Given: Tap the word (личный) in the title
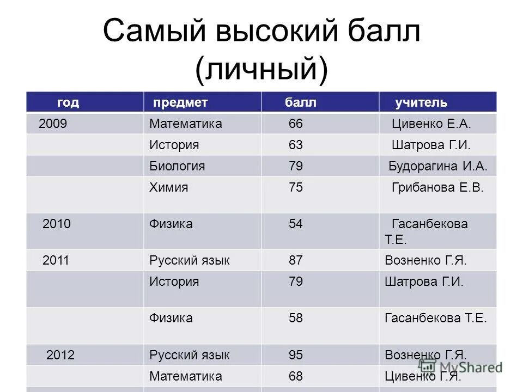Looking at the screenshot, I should [261, 70].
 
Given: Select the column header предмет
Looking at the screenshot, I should [180, 103].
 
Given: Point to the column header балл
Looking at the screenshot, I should [300, 103].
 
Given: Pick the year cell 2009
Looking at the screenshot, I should [53, 124].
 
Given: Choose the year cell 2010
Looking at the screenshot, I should [57, 224].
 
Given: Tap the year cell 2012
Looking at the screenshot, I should [60, 356].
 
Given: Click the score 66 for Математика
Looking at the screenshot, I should [296, 124].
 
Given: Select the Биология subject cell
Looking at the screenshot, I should [177, 166].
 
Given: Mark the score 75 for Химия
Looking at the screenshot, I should [296, 188].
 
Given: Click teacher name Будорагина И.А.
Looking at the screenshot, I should [438, 166].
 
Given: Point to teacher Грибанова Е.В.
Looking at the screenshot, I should [437, 188].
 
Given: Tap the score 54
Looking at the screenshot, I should [296, 224].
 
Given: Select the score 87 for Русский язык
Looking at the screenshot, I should [296, 261].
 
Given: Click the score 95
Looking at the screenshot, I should [296, 356].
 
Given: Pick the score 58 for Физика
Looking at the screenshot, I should [296, 318].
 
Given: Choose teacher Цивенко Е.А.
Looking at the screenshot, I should [431, 124].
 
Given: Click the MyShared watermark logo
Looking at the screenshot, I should [461, 367].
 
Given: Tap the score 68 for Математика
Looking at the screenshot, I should [296, 376].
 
